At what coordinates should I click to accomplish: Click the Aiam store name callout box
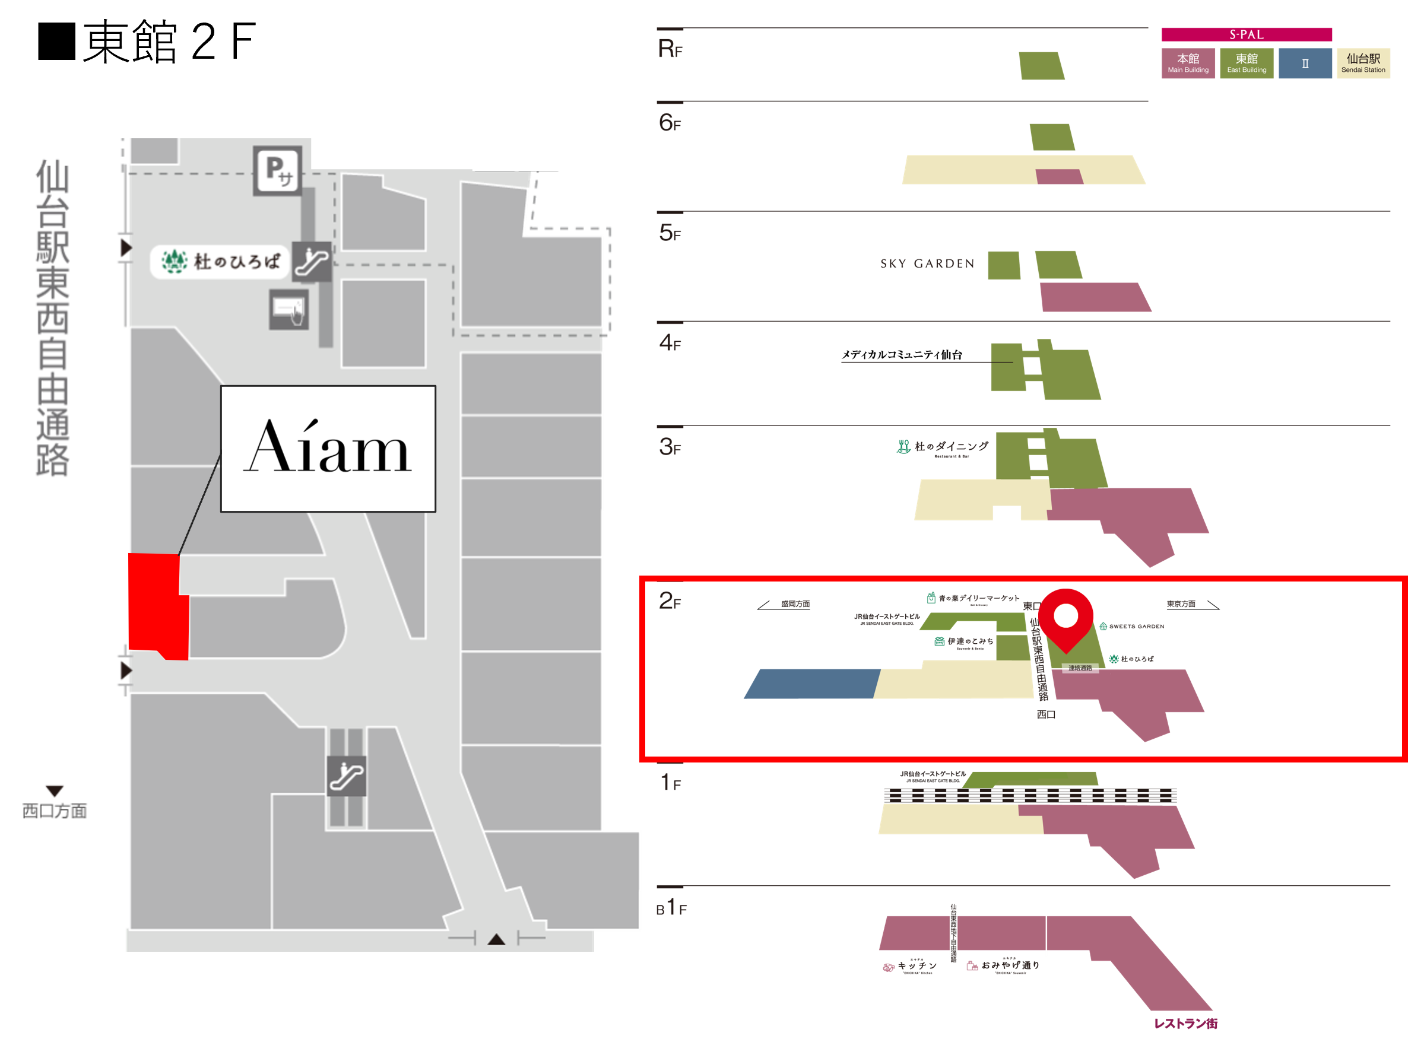[x=328, y=449]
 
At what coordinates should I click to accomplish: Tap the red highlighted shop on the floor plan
[x=157, y=606]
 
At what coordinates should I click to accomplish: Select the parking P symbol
[x=277, y=170]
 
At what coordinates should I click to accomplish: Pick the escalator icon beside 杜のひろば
[x=312, y=261]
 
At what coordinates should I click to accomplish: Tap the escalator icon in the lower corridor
[x=346, y=776]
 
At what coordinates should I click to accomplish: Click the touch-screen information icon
[x=288, y=309]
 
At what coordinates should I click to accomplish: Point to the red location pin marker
[x=1065, y=618]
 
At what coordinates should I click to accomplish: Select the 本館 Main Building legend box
[x=1188, y=63]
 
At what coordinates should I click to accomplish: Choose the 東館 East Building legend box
[x=1247, y=63]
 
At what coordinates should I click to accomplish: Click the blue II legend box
[x=1305, y=63]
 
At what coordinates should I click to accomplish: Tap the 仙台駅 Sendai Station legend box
[x=1363, y=63]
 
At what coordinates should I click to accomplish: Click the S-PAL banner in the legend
[x=1246, y=34]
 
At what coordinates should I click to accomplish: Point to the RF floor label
[x=670, y=49]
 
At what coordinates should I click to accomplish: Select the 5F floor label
[x=670, y=233]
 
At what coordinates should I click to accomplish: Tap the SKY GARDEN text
[x=927, y=264]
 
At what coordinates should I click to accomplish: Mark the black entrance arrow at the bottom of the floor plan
[x=496, y=940]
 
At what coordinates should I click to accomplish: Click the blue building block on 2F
[x=811, y=684]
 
